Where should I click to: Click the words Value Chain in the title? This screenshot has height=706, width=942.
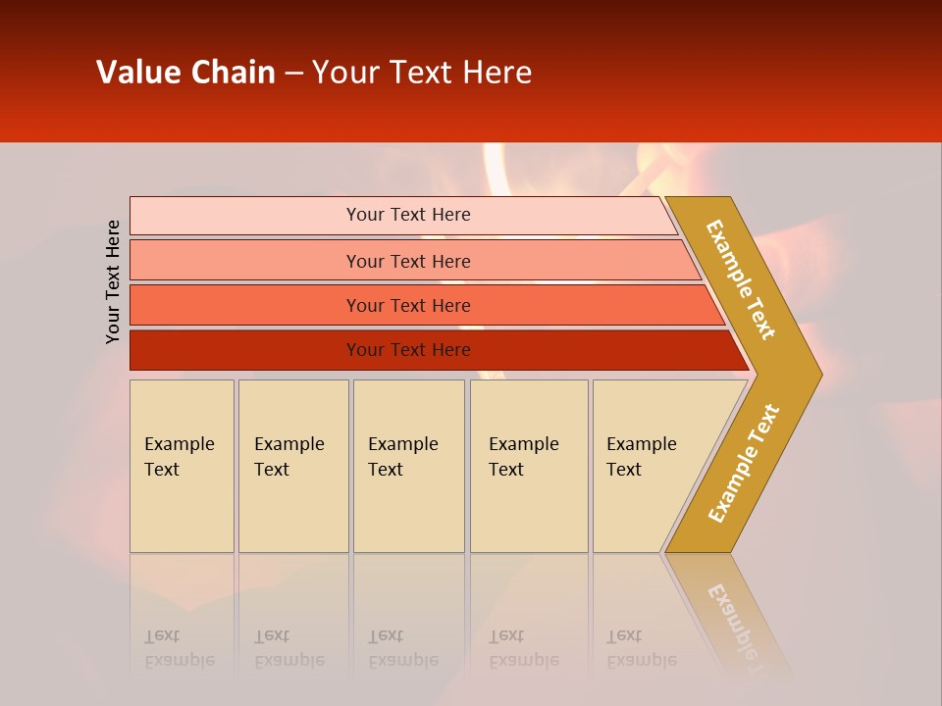[185, 73]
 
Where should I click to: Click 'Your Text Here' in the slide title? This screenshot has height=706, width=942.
[422, 73]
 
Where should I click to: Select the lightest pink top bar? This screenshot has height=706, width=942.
[245, 215]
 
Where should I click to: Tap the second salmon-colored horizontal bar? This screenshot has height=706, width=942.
[245, 261]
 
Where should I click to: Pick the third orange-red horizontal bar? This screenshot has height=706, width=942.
[245, 305]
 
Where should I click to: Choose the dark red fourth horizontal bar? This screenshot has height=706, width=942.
[245, 350]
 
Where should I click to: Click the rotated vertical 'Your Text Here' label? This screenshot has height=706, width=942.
[113, 281]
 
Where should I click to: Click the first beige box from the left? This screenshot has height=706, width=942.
[182, 466]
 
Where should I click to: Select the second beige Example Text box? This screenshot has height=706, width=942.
[292, 466]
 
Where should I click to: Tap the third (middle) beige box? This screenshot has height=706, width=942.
[408, 466]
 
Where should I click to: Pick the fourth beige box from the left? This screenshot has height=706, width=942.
[529, 466]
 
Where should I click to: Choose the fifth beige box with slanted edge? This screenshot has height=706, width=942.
[648, 466]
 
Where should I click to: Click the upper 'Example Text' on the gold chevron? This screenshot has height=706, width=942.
[741, 279]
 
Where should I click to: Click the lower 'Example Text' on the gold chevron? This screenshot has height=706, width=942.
[743, 464]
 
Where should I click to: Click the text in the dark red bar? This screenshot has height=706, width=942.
[408, 350]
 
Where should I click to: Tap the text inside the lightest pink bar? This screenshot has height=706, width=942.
[408, 215]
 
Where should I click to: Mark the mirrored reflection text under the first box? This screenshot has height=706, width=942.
[179, 648]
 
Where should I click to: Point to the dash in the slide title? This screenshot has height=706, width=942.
[293, 74]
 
